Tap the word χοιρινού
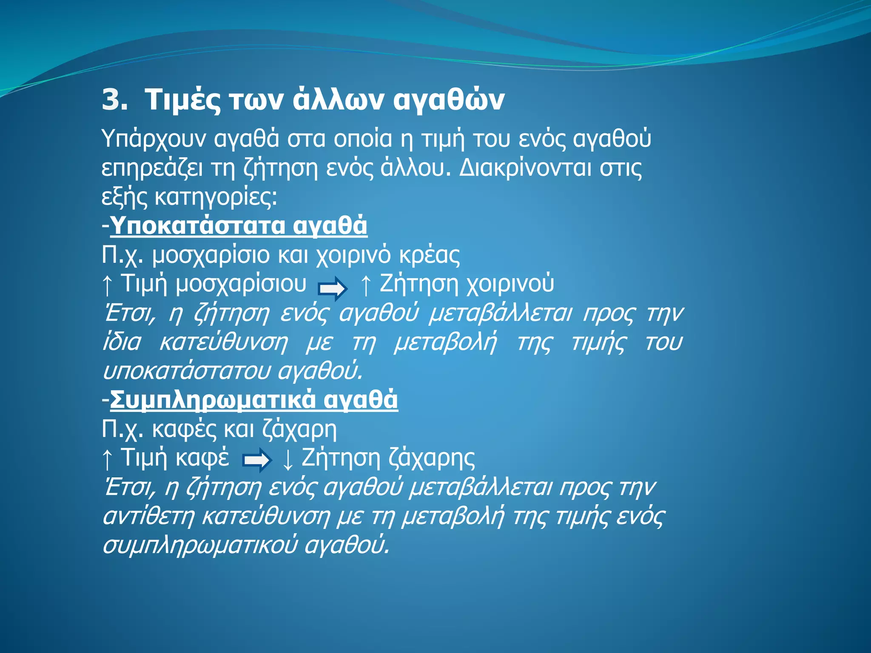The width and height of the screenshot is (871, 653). [x=510, y=284]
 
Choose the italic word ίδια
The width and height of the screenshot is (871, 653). [x=122, y=343]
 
